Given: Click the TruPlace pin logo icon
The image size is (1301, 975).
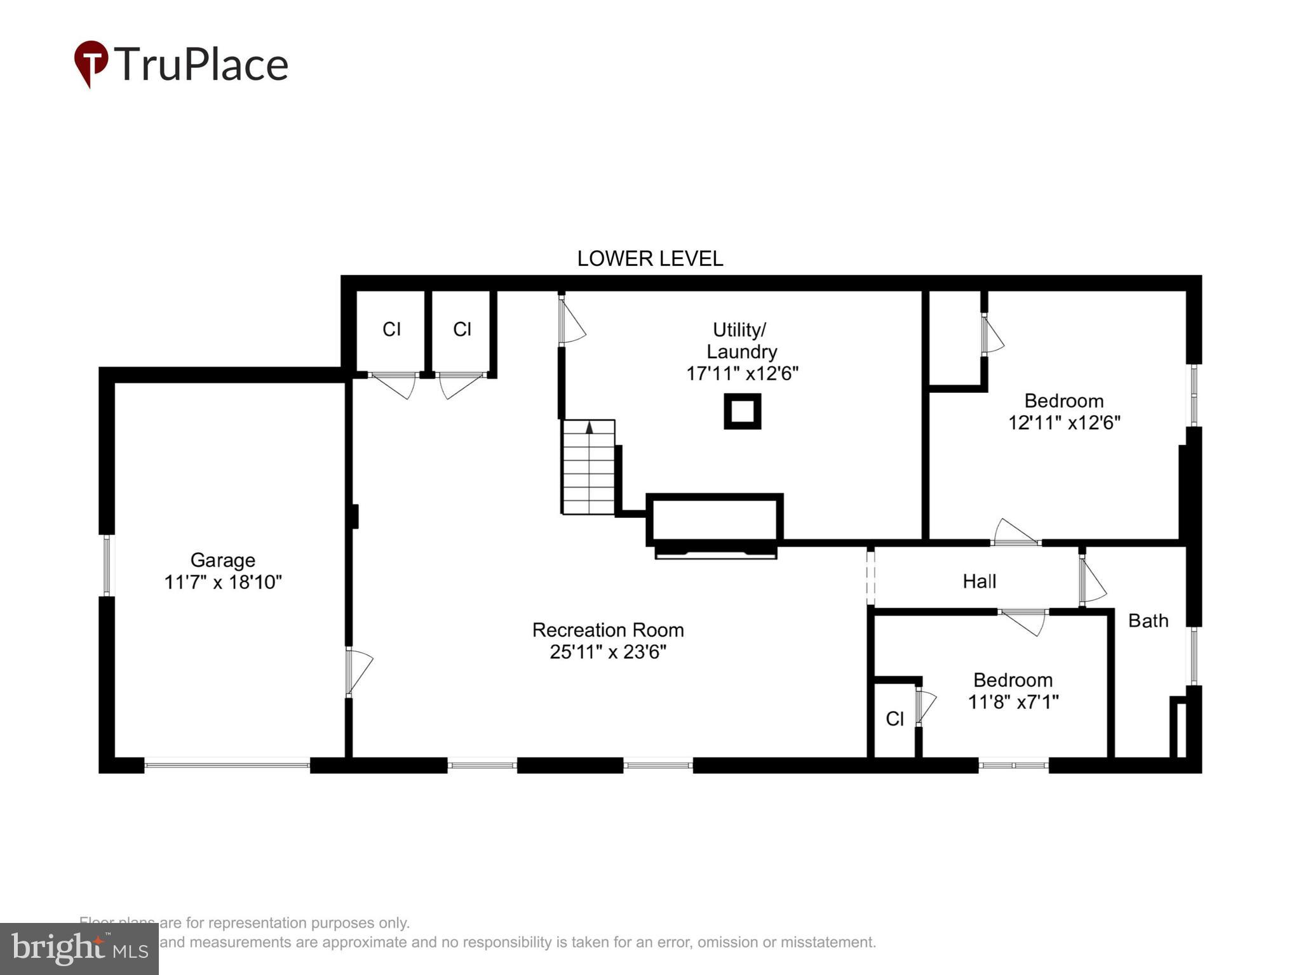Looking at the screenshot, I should click(x=91, y=63).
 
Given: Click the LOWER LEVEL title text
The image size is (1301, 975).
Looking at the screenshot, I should click(x=650, y=258).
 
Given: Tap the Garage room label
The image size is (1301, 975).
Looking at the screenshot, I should click(x=222, y=560).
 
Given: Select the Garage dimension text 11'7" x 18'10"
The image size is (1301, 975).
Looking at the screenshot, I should click(x=222, y=582).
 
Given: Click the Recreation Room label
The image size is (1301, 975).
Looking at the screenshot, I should click(x=608, y=630).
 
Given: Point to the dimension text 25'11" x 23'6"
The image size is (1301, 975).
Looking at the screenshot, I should click(x=608, y=652).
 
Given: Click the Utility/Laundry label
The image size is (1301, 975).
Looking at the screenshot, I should click(x=741, y=340).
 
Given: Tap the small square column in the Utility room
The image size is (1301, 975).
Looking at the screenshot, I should click(x=742, y=411).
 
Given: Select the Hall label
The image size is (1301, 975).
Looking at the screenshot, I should click(x=979, y=581).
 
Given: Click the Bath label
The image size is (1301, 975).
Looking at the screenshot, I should click(x=1148, y=620).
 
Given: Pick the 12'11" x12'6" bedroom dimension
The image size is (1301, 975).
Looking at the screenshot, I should click(x=1064, y=423).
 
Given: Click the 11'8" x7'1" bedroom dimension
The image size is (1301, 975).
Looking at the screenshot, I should click(x=1013, y=702).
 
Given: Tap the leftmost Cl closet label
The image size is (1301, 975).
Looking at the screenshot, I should click(x=391, y=329).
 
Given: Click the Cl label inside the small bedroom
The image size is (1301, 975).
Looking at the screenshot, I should click(x=894, y=719).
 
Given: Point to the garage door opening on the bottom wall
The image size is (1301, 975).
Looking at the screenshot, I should click(x=227, y=766).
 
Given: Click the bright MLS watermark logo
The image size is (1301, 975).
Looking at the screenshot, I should click(x=79, y=948).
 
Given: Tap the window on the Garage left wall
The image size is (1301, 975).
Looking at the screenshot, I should click(x=106, y=565).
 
